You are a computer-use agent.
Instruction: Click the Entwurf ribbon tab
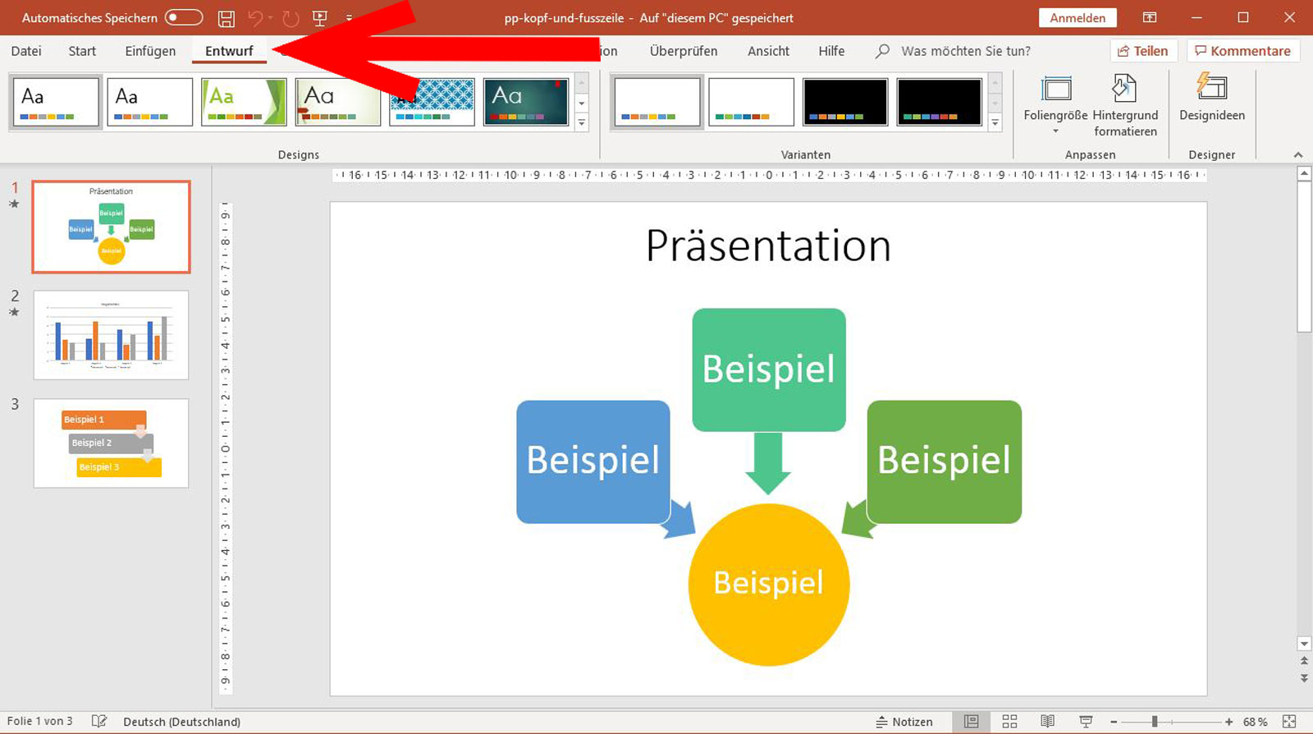229,51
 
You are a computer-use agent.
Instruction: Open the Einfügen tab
150,51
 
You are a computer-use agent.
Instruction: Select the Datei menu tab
26,51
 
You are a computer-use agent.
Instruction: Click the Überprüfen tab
683,51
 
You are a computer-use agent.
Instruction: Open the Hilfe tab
830,51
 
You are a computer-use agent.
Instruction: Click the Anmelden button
1077,18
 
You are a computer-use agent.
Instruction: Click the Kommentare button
1242,51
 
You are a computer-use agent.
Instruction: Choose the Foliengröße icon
1055,89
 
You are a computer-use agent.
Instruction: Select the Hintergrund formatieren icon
1124,89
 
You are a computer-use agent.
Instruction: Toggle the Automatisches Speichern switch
184,17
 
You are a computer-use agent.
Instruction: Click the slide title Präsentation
767,245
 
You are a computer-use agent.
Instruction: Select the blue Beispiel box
592,461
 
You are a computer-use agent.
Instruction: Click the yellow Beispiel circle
768,584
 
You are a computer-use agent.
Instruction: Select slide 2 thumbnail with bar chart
111,335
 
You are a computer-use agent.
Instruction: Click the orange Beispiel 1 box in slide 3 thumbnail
103,420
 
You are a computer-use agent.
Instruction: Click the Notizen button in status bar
904,722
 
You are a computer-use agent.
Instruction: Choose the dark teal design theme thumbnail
525,102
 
